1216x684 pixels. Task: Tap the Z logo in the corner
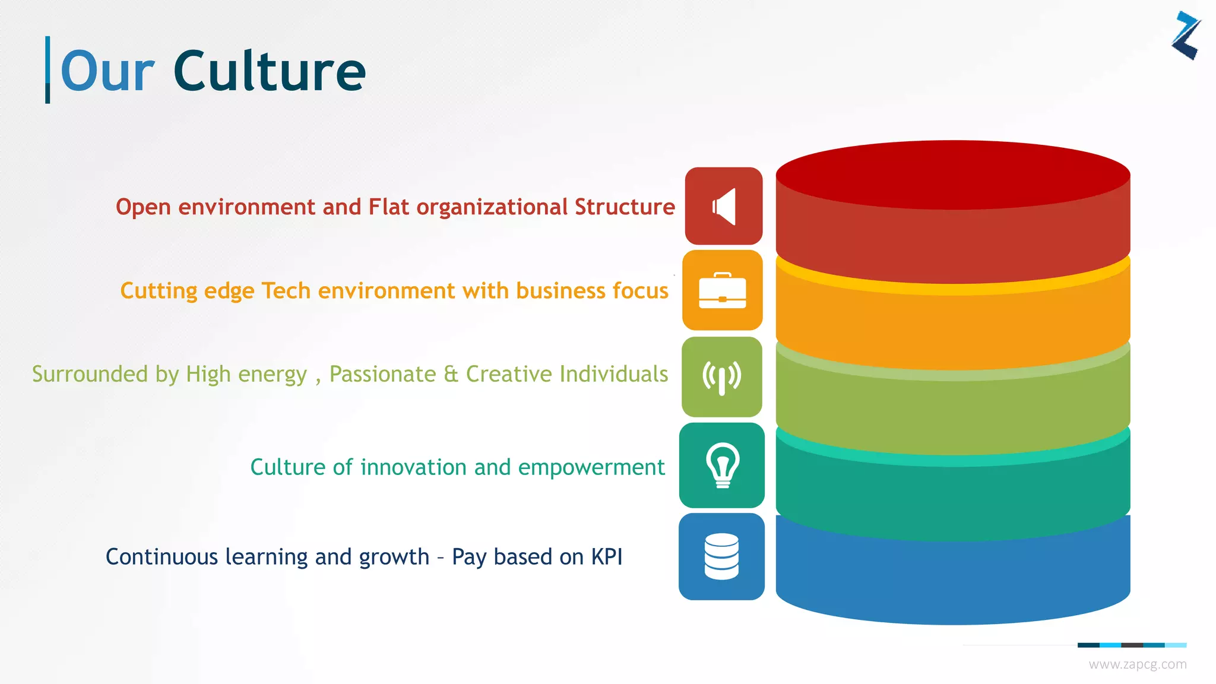pos(1186,36)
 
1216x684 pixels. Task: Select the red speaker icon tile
pos(723,206)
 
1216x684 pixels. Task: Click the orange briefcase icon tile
pos(722,290)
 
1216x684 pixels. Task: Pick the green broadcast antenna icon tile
pos(721,377)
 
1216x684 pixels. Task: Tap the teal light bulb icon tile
pos(721,465)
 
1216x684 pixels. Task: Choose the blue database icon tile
pos(721,556)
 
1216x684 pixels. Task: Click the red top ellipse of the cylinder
pos(952,175)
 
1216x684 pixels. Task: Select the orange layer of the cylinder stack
pos(952,330)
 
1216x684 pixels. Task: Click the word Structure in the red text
pos(625,207)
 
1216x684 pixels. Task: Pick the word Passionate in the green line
pos(382,374)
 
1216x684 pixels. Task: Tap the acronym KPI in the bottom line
pos(606,557)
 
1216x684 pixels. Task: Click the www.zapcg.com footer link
pos(1137,664)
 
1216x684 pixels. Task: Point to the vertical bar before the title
pos(47,69)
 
